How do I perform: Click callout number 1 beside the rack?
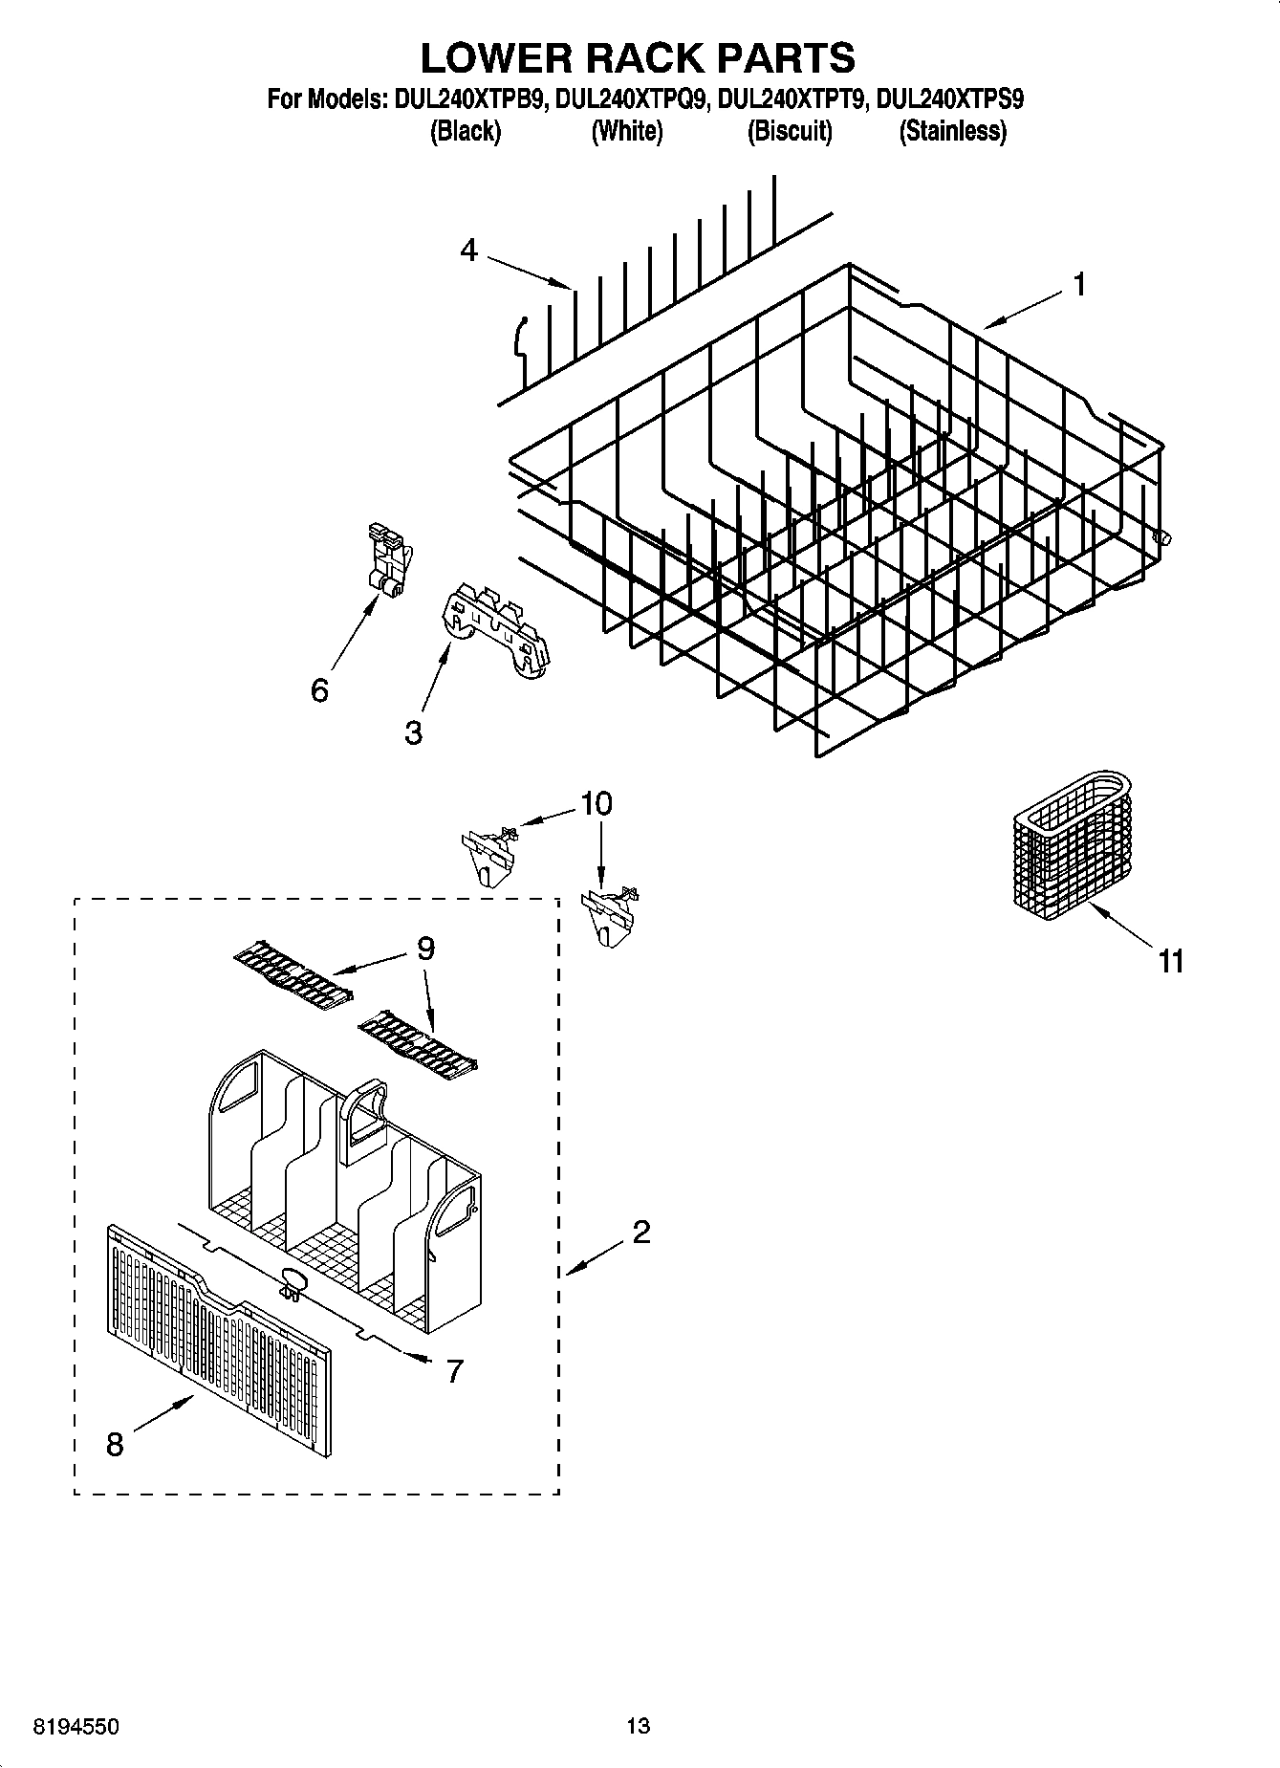[x=1078, y=285]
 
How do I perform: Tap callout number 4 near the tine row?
[x=468, y=251]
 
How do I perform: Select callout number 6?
[x=320, y=689]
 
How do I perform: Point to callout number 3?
[x=413, y=733]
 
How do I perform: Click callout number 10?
[x=597, y=804]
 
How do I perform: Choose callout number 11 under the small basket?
[x=1171, y=961]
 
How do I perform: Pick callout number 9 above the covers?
[x=425, y=949]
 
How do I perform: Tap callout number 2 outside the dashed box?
[x=640, y=1232]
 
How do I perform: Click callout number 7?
[x=454, y=1371]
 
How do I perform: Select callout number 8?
[x=115, y=1444]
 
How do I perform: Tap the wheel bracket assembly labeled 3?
[x=496, y=636]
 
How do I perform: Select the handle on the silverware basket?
[x=362, y=1114]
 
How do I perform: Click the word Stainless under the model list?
[x=952, y=132]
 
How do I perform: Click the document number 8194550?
[x=76, y=1727]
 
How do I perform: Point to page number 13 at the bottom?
[x=638, y=1726]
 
